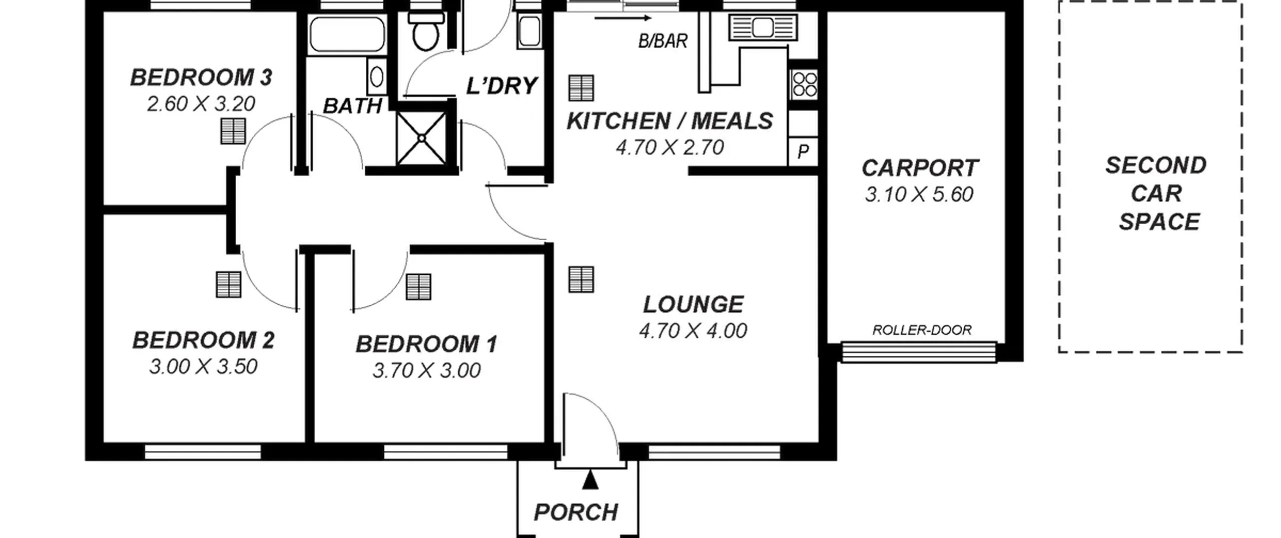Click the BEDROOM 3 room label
(201, 78)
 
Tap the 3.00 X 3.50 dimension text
(203, 367)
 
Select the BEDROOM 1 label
(426, 344)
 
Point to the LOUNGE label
(693, 304)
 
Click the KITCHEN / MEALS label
(670, 121)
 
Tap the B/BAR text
(663, 41)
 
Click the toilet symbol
(426, 30)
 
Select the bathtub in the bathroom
(347, 34)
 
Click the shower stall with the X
(421, 138)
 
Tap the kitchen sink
(763, 27)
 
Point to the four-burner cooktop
(804, 84)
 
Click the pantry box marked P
(803, 151)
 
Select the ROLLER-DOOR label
(922, 330)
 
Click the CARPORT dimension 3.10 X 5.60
(919, 194)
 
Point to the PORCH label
(576, 512)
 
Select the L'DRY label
(502, 86)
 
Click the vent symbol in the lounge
(581, 279)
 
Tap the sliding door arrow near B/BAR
(623, 19)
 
